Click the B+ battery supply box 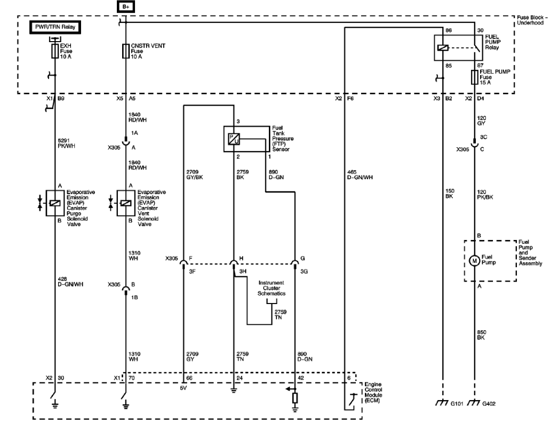pyautogui.click(x=125, y=6)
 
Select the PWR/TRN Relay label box pyautogui.click(x=55, y=27)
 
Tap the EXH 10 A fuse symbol pyautogui.click(x=55, y=51)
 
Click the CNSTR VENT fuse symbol pyautogui.click(x=125, y=51)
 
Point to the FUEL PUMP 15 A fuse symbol pyautogui.click(x=475, y=77)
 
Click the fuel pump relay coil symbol pyautogui.click(x=443, y=48)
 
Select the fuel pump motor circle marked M pyautogui.click(x=474, y=261)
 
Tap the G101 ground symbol pyautogui.click(x=442, y=403)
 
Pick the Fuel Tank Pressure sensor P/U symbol pyautogui.click(x=234, y=139)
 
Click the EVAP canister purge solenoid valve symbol pyautogui.click(x=55, y=203)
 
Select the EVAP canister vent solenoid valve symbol pyautogui.click(x=125, y=203)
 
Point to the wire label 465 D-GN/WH pyautogui.click(x=360, y=175)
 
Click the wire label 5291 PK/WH pyautogui.click(x=67, y=143)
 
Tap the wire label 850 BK pyautogui.click(x=482, y=335)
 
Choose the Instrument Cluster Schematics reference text pyautogui.click(x=272, y=288)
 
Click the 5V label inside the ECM pyautogui.click(x=184, y=388)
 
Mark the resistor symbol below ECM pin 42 pyautogui.click(x=295, y=398)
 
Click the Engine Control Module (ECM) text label pyautogui.click(x=373, y=393)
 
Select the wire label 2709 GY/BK pyautogui.click(x=194, y=175)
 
